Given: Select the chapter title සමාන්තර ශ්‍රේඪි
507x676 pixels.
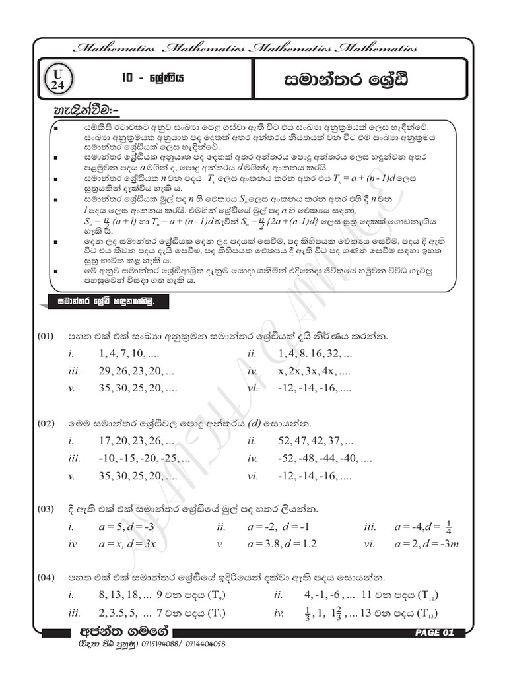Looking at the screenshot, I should pos(341,80).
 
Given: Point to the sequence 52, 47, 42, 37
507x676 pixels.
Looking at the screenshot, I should pos(316,440).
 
